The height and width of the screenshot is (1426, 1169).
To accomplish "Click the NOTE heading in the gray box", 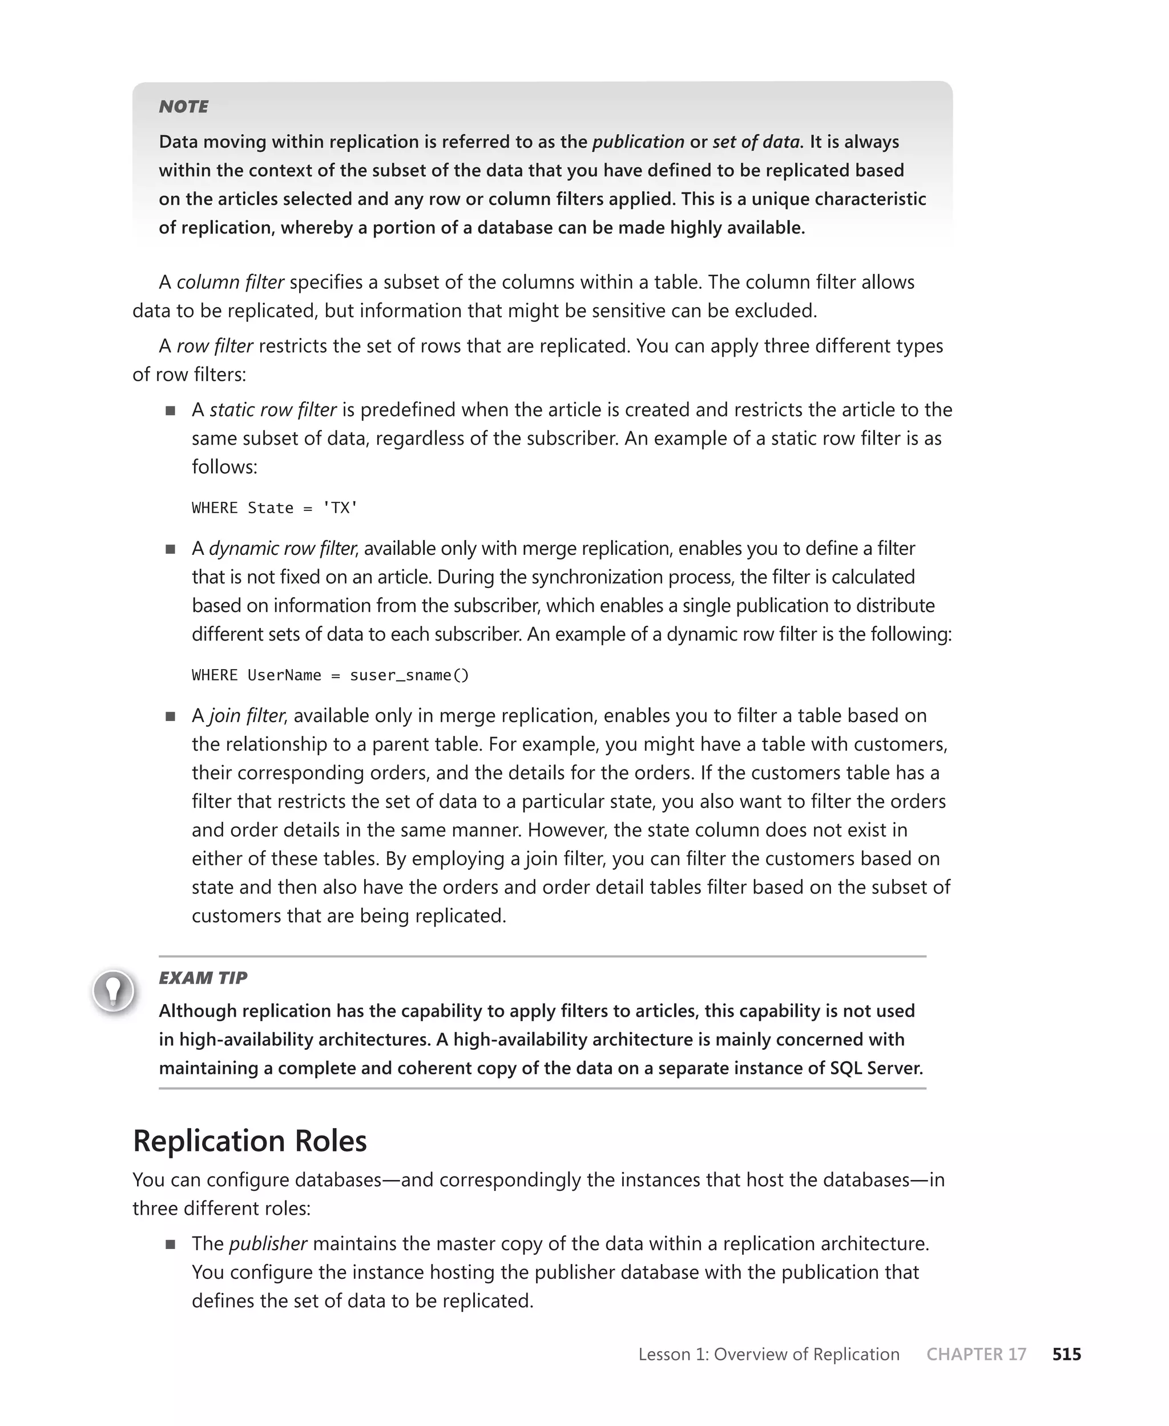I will click(x=183, y=106).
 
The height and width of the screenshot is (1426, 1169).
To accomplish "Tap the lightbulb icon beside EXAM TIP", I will click(x=113, y=990).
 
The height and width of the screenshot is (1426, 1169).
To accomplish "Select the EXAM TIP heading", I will click(x=203, y=978).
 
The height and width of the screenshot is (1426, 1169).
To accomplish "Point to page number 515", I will click(x=1067, y=1354).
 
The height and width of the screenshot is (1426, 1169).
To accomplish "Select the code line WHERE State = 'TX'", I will click(x=274, y=507).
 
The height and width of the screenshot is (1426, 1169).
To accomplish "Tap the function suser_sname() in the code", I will click(x=409, y=675).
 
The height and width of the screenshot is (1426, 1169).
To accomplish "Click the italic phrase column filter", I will click(x=230, y=282).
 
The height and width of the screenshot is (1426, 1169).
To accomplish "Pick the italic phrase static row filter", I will click(x=273, y=409).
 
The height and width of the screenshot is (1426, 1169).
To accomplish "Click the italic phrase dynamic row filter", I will click(x=282, y=548).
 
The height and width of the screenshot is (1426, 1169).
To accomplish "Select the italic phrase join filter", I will click(x=247, y=715).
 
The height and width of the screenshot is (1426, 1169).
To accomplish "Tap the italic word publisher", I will click(x=268, y=1243).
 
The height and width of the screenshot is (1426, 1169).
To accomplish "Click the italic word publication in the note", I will click(x=638, y=142).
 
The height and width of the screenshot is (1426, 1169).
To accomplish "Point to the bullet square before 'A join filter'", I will click(x=170, y=716).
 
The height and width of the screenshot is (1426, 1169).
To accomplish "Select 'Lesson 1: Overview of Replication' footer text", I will click(x=768, y=1354).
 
